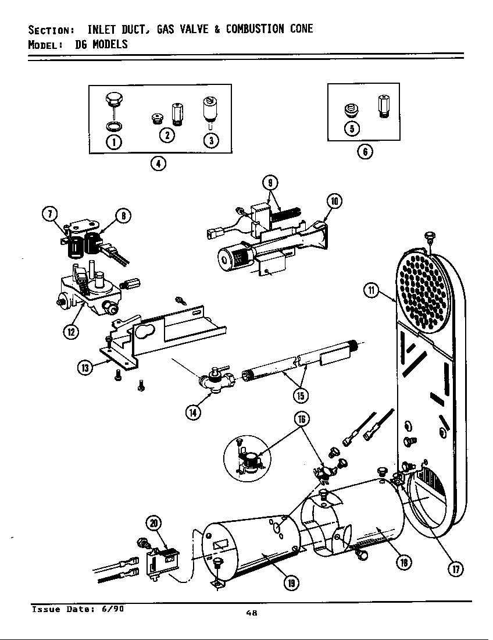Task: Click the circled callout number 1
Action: coord(114,141)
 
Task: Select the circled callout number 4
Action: coord(156,163)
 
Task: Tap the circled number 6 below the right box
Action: coord(364,152)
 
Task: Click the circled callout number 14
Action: coord(192,413)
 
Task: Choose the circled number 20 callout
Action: coord(154,523)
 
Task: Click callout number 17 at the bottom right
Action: coord(456,570)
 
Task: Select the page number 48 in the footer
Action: coord(251,612)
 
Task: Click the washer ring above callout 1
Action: coord(114,126)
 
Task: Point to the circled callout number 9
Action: coord(270,183)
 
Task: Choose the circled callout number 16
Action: coord(302,418)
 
